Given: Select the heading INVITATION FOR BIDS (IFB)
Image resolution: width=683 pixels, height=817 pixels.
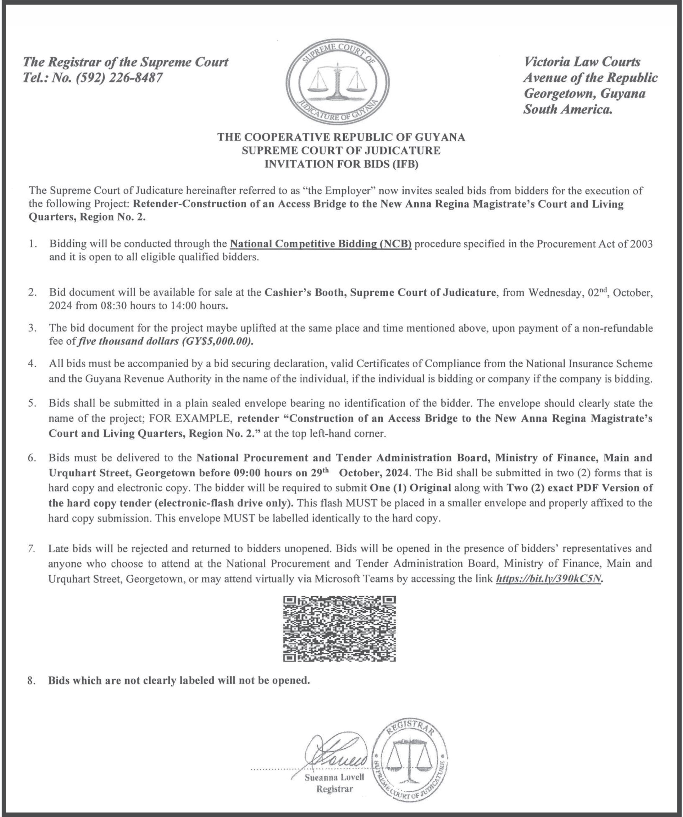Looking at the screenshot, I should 341,164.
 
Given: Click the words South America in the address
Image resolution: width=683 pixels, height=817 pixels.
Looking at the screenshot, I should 567,110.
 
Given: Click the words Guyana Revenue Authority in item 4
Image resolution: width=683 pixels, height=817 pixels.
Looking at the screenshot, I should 139,379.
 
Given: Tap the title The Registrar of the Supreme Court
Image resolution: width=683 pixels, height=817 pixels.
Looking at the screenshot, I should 126,62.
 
